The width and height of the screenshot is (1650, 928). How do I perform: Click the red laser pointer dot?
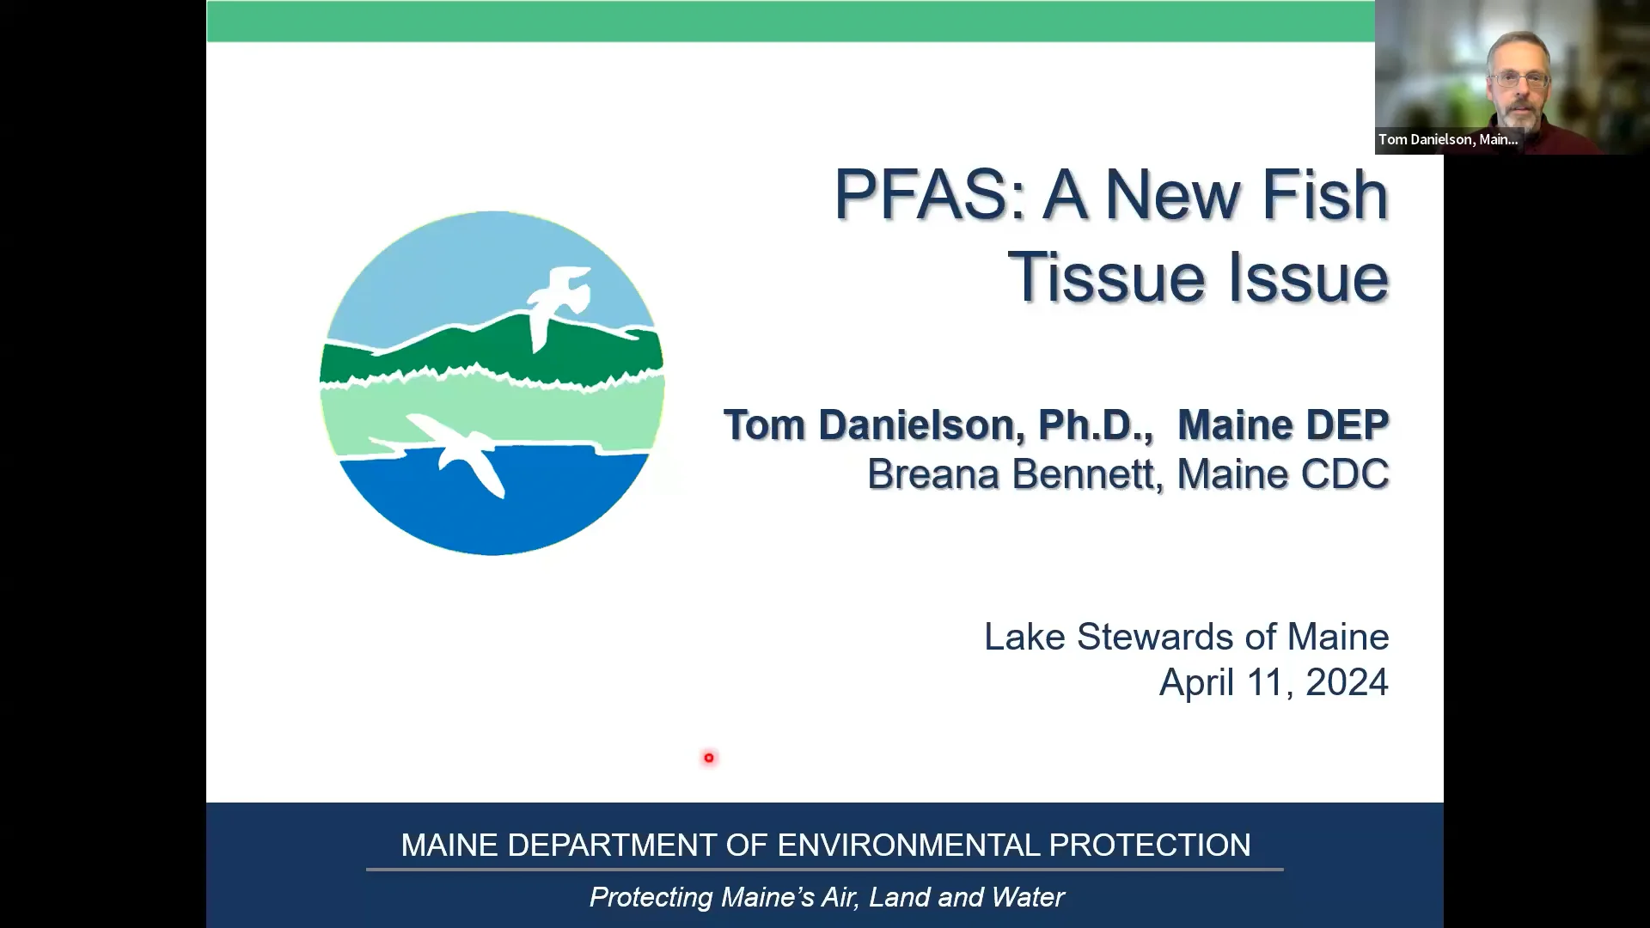709,758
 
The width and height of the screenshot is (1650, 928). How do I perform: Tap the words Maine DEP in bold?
1282,424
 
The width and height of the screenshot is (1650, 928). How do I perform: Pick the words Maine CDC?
1282,473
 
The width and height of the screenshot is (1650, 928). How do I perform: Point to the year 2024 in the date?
1347,682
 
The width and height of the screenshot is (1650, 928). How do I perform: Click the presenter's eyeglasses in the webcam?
1519,80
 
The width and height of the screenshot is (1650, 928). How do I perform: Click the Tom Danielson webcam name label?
1448,139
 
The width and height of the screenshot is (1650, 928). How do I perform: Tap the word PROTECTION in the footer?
1150,845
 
